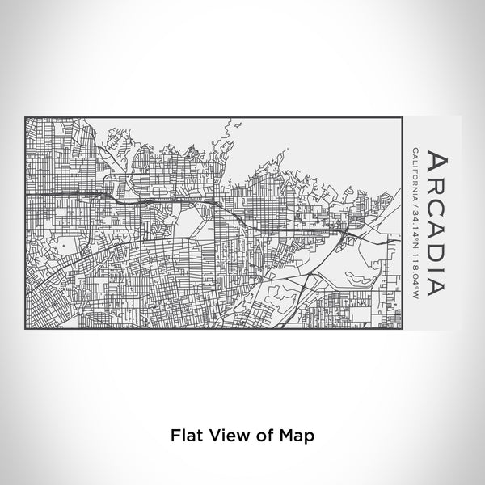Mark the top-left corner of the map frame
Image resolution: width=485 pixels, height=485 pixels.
(x=26, y=118)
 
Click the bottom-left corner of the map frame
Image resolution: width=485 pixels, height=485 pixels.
(x=26, y=330)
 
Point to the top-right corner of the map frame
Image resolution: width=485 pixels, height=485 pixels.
(x=402, y=118)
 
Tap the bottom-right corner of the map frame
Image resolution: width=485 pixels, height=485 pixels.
(x=402, y=330)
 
